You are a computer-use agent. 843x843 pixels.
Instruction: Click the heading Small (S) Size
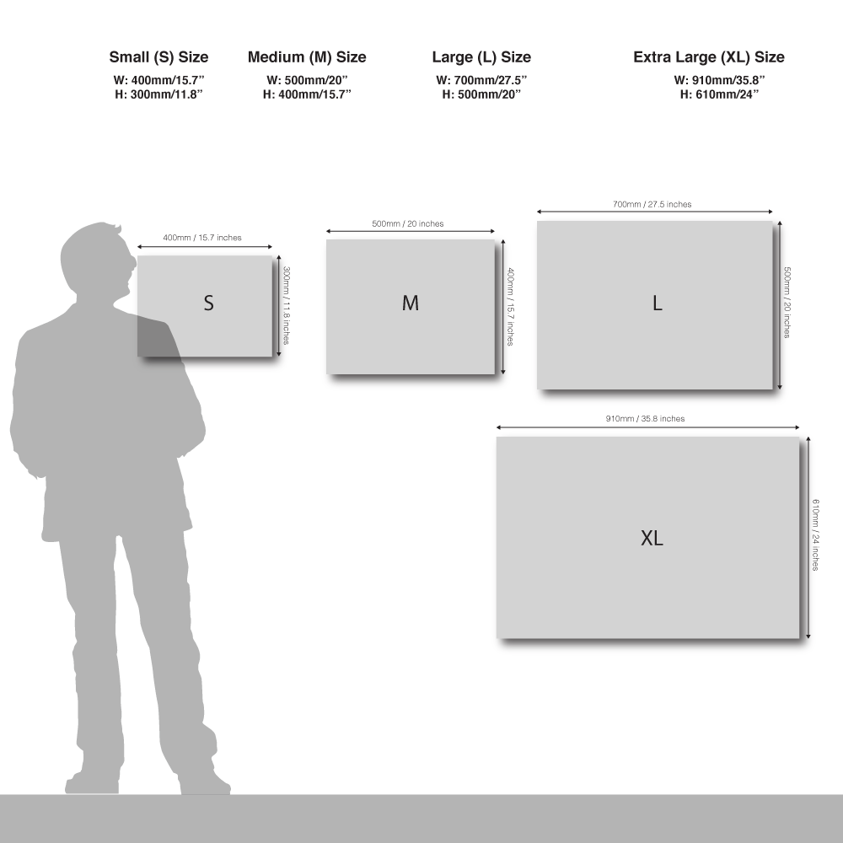(x=158, y=57)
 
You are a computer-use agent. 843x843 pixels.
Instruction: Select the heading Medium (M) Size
(x=307, y=57)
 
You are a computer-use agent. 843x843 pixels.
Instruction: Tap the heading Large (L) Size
(x=481, y=57)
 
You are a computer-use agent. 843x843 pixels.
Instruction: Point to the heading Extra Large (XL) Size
(x=709, y=57)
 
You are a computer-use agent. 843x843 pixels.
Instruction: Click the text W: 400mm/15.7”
(x=159, y=80)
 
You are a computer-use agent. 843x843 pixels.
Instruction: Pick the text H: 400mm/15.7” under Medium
(x=307, y=94)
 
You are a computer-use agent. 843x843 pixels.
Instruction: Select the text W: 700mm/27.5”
(x=481, y=80)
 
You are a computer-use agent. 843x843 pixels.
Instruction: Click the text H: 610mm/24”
(x=719, y=94)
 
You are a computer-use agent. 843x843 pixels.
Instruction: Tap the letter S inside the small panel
(x=208, y=303)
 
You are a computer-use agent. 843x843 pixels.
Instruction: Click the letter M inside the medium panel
(x=411, y=303)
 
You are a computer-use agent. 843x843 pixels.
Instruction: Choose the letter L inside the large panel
(x=657, y=303)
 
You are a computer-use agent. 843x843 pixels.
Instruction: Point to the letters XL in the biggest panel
(x=652, y=538)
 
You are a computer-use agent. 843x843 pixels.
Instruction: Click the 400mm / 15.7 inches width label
(x=202, y=238)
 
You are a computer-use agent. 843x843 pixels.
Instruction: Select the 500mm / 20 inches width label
(x=408, y=223)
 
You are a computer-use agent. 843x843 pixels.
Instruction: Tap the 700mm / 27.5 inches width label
(x=652, y=204)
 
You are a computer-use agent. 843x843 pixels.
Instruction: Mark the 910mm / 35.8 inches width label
(x=645, y=419)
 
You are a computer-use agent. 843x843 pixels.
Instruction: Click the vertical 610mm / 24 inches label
(x=815, y=535)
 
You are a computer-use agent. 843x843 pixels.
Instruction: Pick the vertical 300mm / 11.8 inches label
(x=287, y=305)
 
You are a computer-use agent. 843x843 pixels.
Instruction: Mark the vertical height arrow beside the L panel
(x=780, y=305)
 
